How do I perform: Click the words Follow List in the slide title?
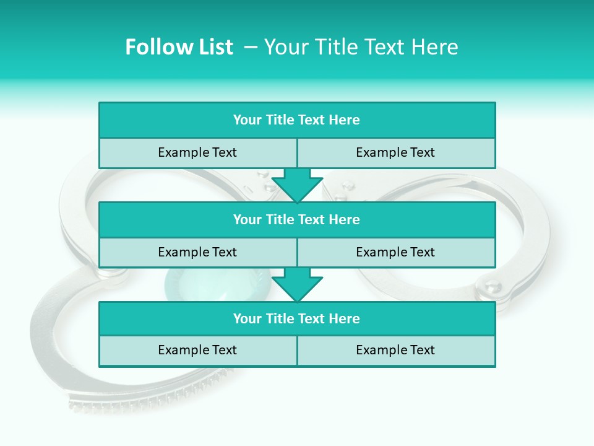click(x=179, y=47)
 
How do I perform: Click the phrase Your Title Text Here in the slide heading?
click(x=361, y=47)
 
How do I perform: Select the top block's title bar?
click(x=297, y=120)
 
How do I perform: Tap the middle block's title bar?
click(x=297, y=220)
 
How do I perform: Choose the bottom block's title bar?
click(x=297, y=319)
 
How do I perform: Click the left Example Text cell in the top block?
click(x=197, y=153)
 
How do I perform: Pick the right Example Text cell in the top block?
click(x=395, y=153)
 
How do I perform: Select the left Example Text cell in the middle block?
click(x=197, y=253)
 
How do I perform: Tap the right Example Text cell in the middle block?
click(x=395, y=253)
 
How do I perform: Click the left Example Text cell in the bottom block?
click(x=197, y=351)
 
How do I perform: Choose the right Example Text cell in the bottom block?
click(x=395, y=351)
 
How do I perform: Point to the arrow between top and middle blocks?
click(x=297, y=185)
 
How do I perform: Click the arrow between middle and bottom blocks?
click(x=297, y=284)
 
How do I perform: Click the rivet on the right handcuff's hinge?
click(x=493, y=287)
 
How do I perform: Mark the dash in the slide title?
click(x=251, y=47)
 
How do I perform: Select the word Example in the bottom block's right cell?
click(x=379, y=351)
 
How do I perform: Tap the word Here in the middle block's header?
click(x=344, y=220)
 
